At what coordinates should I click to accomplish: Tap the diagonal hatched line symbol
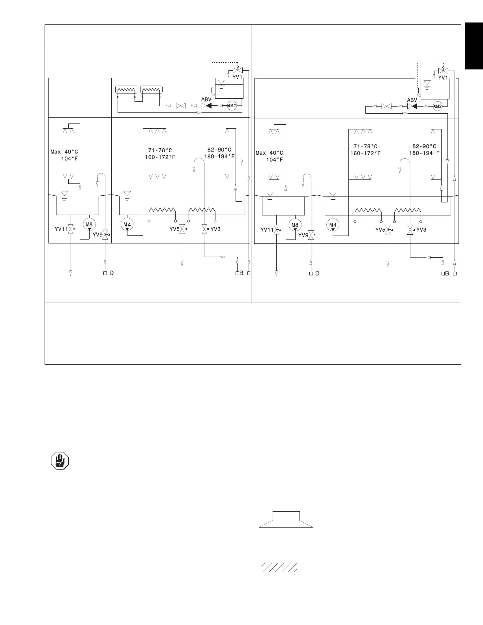(x=279, y=567)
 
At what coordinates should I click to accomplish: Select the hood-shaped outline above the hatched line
(x=286, y=519)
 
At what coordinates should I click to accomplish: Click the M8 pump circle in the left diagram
(x=89, y=225)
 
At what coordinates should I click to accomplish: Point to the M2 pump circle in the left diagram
(x=232, y=106)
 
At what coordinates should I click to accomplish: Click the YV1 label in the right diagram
(x=443, y=78)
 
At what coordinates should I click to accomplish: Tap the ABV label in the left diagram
(x=206, y=99)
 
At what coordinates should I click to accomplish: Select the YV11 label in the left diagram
(x=61, y=229)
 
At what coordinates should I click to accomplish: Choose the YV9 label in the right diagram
(x=303, y=235)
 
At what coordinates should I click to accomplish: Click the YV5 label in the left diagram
(x=174, y=229)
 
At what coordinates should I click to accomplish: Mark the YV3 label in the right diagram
(x=421, y=229)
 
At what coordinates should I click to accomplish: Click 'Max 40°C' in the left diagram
(x=65, y=152)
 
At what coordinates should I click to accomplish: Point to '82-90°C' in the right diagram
(x=424, y=146)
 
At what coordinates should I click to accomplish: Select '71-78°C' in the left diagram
(x=160, y=150)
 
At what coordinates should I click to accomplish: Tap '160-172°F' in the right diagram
(x=365, y=153)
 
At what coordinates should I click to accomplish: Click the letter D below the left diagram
(x=112, y=273)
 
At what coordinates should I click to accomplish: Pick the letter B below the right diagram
(x=447, y=273)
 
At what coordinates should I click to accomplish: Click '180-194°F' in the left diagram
(x=219, y=156)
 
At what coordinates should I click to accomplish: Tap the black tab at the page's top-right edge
(x=474, y=46)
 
